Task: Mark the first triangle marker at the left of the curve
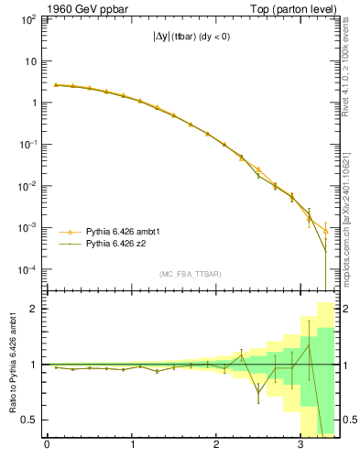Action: tap(56, 84)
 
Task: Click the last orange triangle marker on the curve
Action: tap(325, 231)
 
